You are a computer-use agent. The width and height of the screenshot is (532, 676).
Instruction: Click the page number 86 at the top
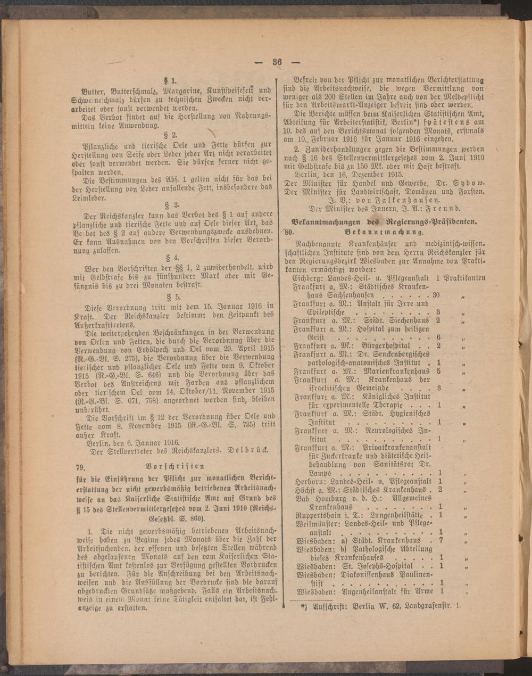click(x=277, y=61)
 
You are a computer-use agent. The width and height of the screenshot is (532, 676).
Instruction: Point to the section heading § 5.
click(x=174, y=296)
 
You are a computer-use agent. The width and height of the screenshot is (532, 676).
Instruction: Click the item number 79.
click(x=81, y=467)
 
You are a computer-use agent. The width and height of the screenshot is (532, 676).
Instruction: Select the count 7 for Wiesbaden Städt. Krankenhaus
click(x=441, y=540)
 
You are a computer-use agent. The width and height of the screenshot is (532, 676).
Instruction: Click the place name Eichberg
click(x=305, y=278)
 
